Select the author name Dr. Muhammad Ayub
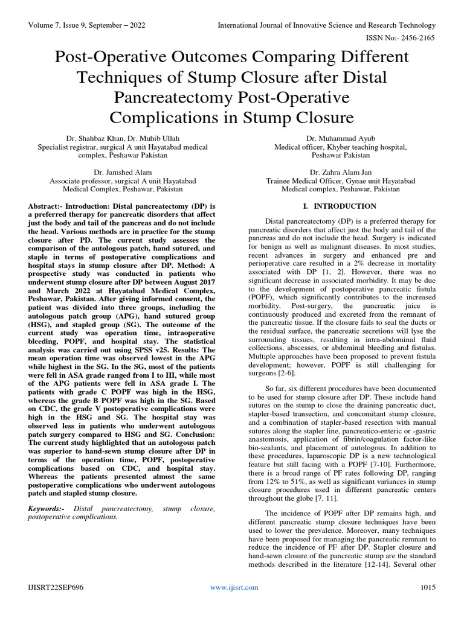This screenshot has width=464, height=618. pyautogui.click(x=341, y=138)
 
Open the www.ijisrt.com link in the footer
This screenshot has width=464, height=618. pyautogui.click(x=234, y=587)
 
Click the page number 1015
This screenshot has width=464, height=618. pyautogui.click(x=428, y=587)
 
